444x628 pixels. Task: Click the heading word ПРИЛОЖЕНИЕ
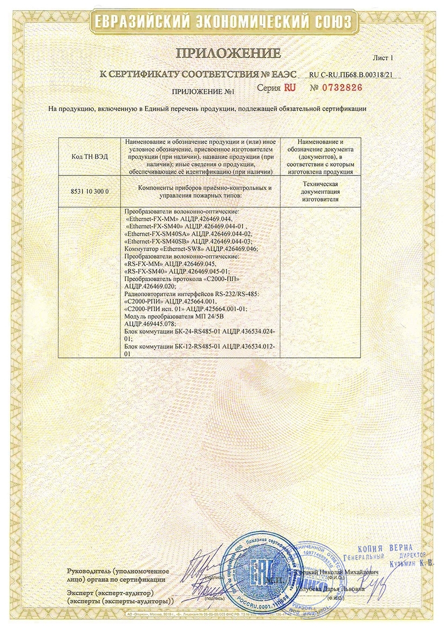(227, 53)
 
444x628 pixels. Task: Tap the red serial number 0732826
(343, 87)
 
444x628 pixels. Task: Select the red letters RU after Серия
(290, 88)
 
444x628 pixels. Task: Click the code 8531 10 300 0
(90, 191)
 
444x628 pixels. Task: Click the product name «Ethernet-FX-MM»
(150, 220)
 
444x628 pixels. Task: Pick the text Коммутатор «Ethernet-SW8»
(156, 248)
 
